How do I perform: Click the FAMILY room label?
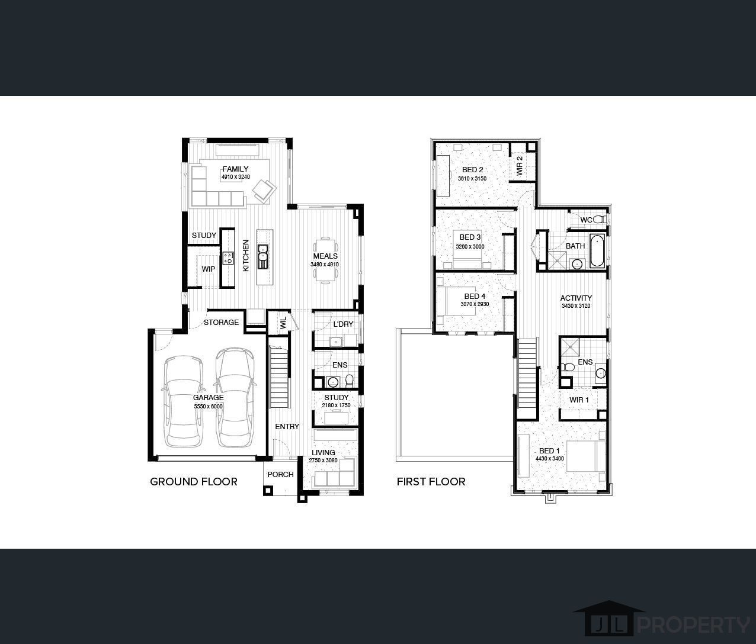point(235,169)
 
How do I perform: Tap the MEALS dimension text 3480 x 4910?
point(324,265)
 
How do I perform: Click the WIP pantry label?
point(208,269)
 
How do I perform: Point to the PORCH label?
point(280,474)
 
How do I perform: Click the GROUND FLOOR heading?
point(193,482)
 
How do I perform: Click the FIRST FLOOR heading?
point(431,482)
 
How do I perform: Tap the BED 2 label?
point(472,170)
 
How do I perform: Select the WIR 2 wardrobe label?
point(520,166)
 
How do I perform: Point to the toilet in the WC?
point(598,220)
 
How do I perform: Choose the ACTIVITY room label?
point(576,298)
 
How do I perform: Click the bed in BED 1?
point(585,456)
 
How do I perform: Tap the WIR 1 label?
point(579,400)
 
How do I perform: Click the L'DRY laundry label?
point(342,324)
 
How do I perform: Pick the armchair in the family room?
point(264,190)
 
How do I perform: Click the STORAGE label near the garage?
point(221,323)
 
